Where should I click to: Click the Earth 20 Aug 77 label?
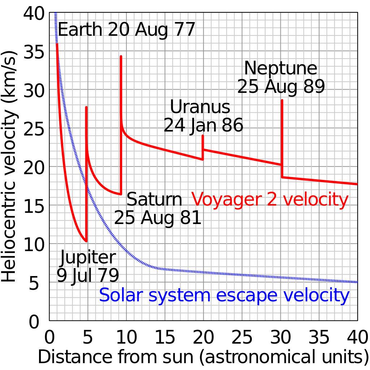point(126,30)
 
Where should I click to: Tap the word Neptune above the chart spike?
point(281,68)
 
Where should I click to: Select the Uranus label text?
point(200,107)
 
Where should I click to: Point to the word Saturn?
point(154,200)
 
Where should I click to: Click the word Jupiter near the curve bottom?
point(88,258)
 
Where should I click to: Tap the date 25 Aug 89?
point(281,87)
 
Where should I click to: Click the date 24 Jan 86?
point(203,125)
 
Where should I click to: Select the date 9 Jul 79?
point(88,276)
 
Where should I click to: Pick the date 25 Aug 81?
point(158,218)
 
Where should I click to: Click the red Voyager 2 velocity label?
point(270,199)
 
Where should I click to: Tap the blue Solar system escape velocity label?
point(224,295)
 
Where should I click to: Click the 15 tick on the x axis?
point(165,338)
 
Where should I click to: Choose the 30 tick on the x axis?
point(281,338)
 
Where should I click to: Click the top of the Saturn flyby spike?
point(121,56)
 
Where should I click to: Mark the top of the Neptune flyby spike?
point(282,100)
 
